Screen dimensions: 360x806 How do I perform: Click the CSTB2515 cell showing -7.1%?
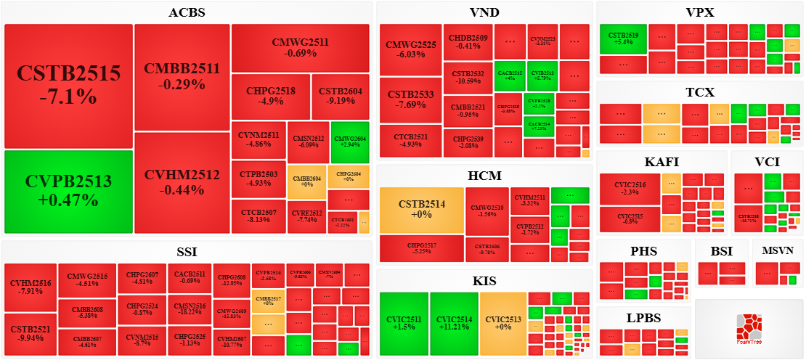tap(69, 86)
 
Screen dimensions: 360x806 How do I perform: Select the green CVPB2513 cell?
tap(69, 191)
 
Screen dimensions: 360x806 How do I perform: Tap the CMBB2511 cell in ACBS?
tap(182, 76)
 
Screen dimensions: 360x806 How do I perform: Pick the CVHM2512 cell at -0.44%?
tap(182, 182)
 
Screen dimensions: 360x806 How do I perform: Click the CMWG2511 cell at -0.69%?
tap(300, 48)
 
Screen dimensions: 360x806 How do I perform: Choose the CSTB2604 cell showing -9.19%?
tap(341, 97)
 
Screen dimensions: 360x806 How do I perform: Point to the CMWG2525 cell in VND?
tap(411, 49)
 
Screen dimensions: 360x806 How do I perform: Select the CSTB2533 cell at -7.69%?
tap(411, 99)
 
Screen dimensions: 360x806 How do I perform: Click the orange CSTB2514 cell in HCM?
tap(421, 210)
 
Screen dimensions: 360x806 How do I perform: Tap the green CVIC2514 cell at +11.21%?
tap(454, 323)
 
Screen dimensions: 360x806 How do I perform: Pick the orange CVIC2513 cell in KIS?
tap(503, 323)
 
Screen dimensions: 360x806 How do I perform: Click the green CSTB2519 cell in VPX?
tap(623, 38)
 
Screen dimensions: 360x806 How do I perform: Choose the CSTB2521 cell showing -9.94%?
tap(30, 333)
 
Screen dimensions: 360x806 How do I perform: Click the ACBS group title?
tap(187, 12)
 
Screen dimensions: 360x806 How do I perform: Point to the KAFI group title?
tap(662, 162)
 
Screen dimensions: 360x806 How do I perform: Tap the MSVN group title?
tap(778, 250)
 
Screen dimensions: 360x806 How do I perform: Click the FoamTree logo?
tap(748, 329)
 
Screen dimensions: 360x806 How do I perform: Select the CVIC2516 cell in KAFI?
tap(630, 189)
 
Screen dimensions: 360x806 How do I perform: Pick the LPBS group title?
tap(643, 318)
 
